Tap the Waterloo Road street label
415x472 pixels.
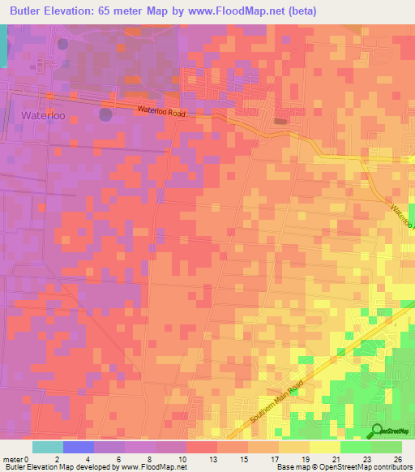coord(161,110)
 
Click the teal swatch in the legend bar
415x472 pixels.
coord(48,447)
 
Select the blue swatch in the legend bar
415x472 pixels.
coord(79,447)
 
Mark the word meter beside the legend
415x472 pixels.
coord(13,459)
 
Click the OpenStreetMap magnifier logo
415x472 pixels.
coord(377,431)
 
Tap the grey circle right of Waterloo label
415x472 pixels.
coord(105,114)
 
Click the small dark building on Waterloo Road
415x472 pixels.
coord(280,122)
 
